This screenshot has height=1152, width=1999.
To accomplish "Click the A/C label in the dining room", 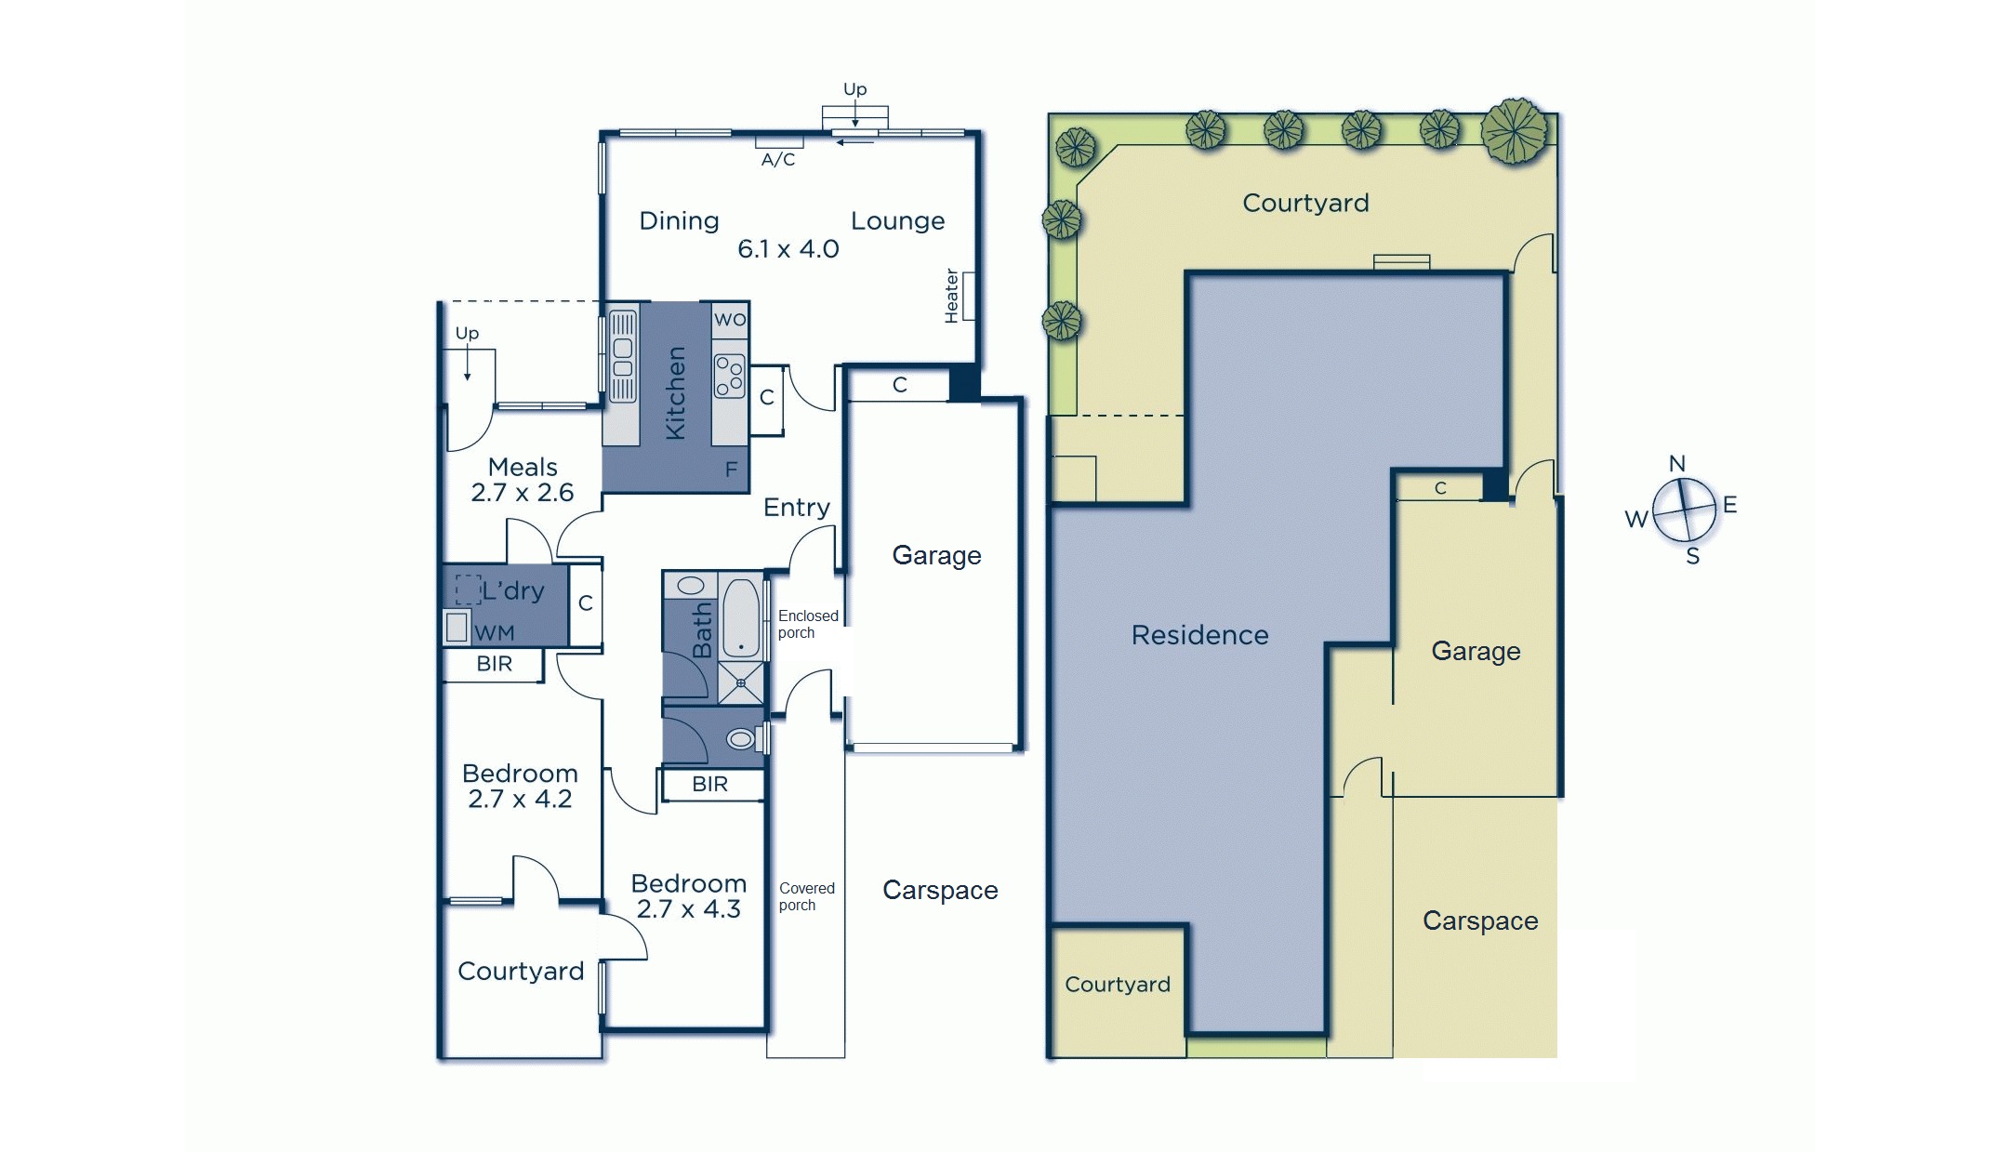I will (x=778, y=160).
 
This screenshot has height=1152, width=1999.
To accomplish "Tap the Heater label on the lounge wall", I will (x=951, y=296).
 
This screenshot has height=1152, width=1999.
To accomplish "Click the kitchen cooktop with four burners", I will (x=730, y=376).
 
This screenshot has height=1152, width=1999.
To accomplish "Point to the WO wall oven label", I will (x=730, y=320).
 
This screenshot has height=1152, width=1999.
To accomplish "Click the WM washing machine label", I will (x=494, y=633).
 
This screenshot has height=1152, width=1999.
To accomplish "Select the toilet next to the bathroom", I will (x=741, y=739).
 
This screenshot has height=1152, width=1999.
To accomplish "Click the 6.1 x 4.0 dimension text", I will (x=788, y=249).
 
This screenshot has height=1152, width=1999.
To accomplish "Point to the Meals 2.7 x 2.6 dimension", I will (x=523, y=493).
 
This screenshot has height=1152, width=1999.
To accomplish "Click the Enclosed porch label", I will (x=807, y=624).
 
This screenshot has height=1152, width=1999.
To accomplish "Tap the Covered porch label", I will (x=806, y=896).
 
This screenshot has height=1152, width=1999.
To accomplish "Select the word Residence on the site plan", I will (x=1199, y=635).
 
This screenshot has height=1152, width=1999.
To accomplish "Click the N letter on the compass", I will (x=1677, y=464).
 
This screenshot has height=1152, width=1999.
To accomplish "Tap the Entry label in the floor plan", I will (x=796, y=508).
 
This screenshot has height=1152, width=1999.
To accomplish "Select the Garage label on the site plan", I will (x=1476, y=651).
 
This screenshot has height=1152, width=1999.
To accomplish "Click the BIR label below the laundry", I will (x=494, y=664).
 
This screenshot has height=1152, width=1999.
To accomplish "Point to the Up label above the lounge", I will (x=854, y=89).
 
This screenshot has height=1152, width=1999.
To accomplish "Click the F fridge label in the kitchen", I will (x=731, y=470).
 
